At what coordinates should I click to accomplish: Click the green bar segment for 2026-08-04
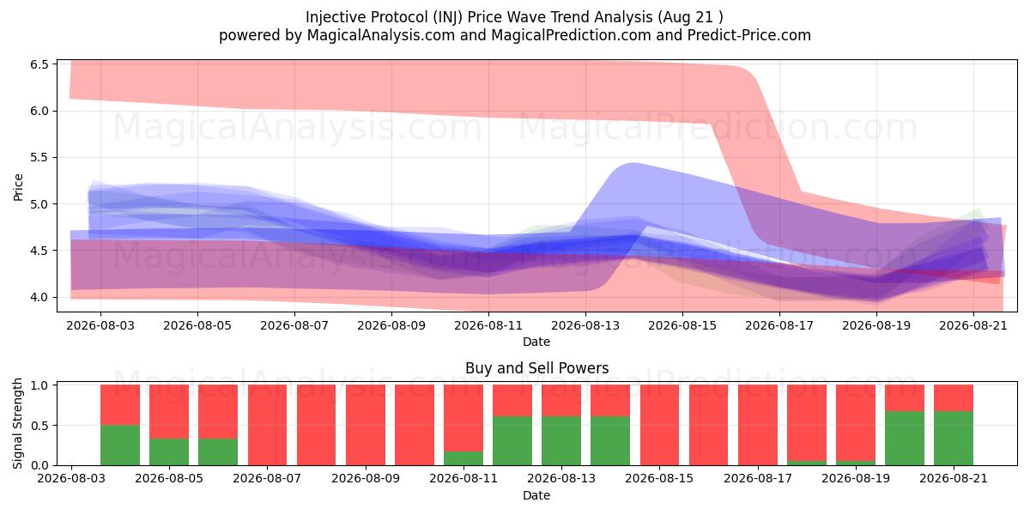coord(120,445)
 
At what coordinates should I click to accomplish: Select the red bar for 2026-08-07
coord(267,425)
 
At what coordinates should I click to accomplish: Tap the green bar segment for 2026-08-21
coord(954,439)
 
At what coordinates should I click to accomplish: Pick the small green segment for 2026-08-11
coord(463,458)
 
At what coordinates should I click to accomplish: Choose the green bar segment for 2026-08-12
coord(512,441)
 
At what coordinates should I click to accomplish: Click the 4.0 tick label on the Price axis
coord(39,297)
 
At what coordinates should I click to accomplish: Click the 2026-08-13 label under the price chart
coord(585,325)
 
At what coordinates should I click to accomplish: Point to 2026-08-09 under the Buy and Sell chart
coord(366,478)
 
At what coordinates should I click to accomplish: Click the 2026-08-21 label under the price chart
coord(973,325)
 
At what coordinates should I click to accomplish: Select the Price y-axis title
coord(18,187)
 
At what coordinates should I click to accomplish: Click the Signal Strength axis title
coord(17,423)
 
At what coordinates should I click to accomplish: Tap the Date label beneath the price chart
coord(536,342)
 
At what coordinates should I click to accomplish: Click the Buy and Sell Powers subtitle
coord(537,368)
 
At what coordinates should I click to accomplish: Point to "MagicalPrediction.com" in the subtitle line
coord(571,35)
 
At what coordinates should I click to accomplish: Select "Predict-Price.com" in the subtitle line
coord(749,35)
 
